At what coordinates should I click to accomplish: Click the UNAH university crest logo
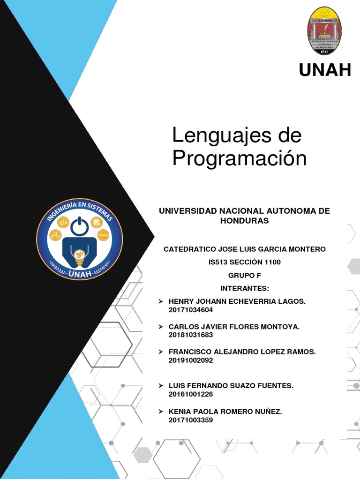tap(324, 31)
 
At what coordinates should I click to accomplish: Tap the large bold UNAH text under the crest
tap(325, 70)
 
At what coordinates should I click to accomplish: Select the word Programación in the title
tap(240, 158)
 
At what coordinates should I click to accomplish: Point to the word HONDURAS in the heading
tap(244, 221)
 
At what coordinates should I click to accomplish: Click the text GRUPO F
tap(244, 275)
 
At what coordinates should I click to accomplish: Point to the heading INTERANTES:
tap(244, 288)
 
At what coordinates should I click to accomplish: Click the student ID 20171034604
tap(194, 310)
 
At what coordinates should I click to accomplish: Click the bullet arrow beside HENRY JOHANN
tap(161, 301)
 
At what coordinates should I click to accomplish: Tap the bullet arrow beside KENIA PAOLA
tap(161, 412)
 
